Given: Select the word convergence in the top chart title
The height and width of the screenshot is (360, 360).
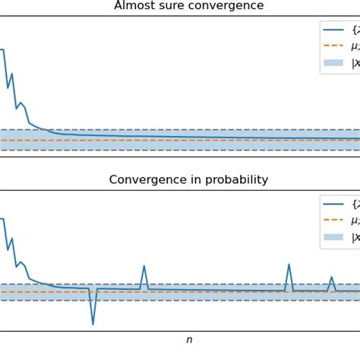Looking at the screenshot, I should [x=228, y=6].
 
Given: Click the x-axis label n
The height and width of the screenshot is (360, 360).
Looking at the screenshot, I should [x=189, y=340].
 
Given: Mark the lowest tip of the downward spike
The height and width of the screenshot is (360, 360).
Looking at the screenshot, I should [x=93, y=324].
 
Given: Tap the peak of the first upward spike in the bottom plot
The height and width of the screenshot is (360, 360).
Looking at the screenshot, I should [x=144, y=267].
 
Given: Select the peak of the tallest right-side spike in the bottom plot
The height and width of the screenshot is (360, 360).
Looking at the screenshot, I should [x=289, y=265].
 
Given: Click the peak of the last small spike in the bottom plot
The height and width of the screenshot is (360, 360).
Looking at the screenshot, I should [x=331, y=277].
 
